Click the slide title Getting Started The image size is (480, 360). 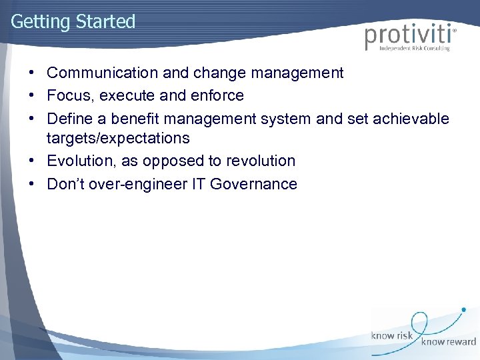tap(73, 21)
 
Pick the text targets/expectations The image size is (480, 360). tap(118, 139)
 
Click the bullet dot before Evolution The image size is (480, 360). tap(32, 161)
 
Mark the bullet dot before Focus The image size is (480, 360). tap(32, 96)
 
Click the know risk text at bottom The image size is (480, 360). tap(393, 336)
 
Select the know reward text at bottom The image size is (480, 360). tap(448, 342)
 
